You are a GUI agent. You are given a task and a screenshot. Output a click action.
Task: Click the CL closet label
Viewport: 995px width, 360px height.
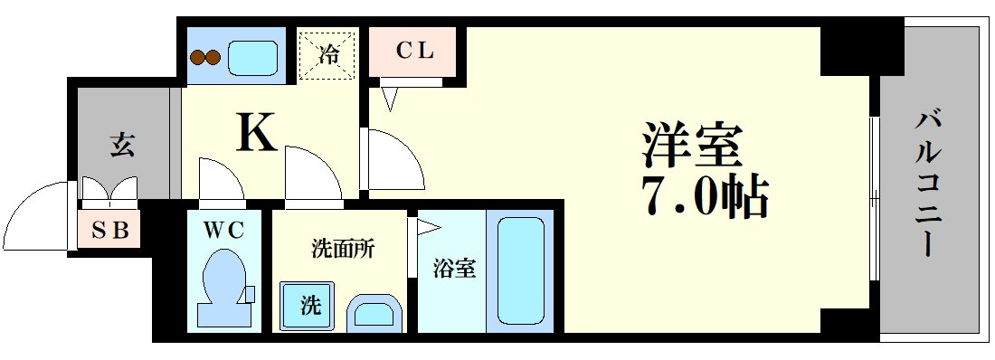click(x=415, y=52)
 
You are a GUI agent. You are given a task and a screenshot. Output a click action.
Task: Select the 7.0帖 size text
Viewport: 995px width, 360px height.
click(x=705, y=195)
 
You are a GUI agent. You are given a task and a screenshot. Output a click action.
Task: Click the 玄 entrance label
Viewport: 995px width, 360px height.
click(x=122, y=144)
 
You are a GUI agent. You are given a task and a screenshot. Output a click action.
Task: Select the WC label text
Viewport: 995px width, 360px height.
click(x=223, y=231)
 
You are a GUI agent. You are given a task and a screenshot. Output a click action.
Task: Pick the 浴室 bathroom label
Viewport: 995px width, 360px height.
click(x=453, y=269)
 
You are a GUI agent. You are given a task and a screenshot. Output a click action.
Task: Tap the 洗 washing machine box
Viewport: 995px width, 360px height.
click(x=308, y=306)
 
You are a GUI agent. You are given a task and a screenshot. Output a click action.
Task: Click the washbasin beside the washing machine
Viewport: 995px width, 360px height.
click(x=372, y=313)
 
